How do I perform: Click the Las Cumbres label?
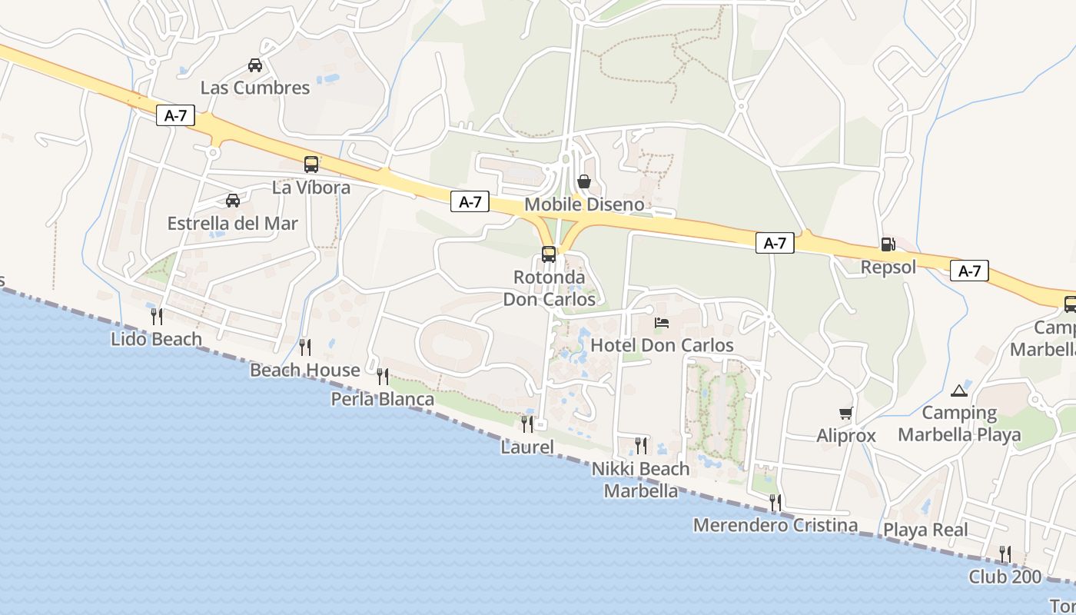click(x=255, y=88)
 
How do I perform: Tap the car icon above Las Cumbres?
click(x=255, y=65)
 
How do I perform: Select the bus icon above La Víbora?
click(x=311, y=164)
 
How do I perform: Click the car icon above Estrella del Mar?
click(x=233, y=201)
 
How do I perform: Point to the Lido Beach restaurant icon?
click(x=157, y=316)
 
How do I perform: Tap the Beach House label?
click(x=305, y=371)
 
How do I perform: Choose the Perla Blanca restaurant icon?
click(x=382, y=377)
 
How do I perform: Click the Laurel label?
click(x=527, y=447)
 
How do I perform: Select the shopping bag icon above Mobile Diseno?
click(x=584, y=181)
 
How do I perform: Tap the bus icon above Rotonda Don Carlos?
click(x=549, y=254)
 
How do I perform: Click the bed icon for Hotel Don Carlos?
click(x=662, y=322)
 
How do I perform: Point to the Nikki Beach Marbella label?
click(x=641, y=480)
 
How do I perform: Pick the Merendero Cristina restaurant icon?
click(x=775, y=503)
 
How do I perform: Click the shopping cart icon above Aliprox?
click(x=846, y=414)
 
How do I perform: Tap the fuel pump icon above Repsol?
click(x=888, y=244)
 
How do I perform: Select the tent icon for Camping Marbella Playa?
click(x=959, y=391)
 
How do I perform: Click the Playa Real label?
click(x=925, y=530)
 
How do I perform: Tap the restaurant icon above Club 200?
click(x=1005, y=553)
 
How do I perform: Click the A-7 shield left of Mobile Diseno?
click(x=470, y=202)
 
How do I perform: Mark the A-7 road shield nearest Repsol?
click(x=969, y=271)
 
